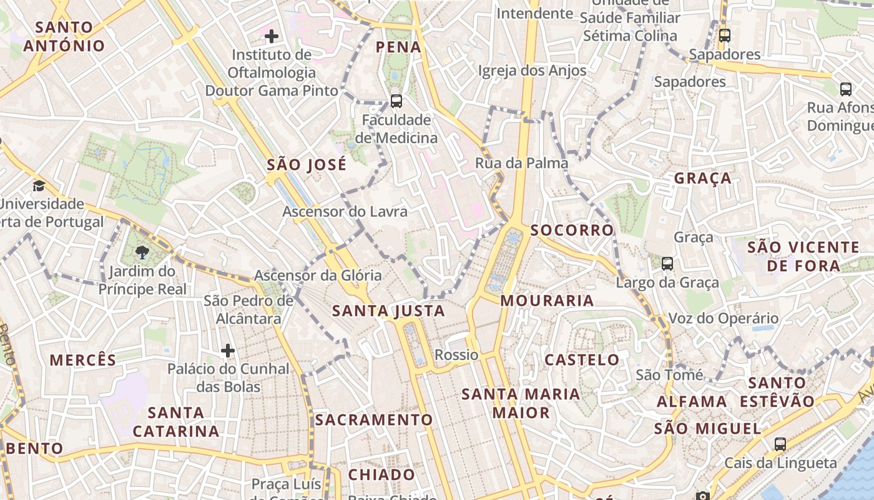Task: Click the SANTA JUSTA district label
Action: pyautogui.click(x=388, y=311)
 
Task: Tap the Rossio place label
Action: pyautogui.click(x=456, y=355)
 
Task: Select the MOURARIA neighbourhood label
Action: pyautogui.click(x=547, y=301)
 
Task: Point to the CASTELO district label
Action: pyautogui.click(x=582, y=360)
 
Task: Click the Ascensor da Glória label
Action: pyautogui.click(x=318, y=275)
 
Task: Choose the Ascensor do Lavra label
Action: pyautogui.click(x=345, y=211)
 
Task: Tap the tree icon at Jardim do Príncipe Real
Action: pyautogui.click(x=142, y=252)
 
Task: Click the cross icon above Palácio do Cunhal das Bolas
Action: pyautogui.click(x=228, y=351)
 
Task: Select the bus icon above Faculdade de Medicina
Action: pyautogui.click(x=396, y=101)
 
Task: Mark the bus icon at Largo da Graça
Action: pyautogui.click(x=667, y=264)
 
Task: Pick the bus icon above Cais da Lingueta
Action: pyautogui.click(x=780, y=444)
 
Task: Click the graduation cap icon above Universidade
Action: pyautogui.click(x=39, y=186)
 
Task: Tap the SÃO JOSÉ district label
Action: pyautogui.click(x=307, y=165)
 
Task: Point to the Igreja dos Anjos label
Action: pyautogui.click(x=532, y=70)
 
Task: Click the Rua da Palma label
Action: pyautogui.click(x=522, y=163)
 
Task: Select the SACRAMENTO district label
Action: pyautogui.click(x=374, y=419)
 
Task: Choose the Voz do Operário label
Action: pyautogui.click(x=724, y=318)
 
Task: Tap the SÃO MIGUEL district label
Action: pyautogui.click(x=708, y=429)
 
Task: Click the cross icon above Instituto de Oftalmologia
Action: pyautogui.click(x=272, y=36)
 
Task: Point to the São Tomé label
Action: pyautogui.click(x=669, y=375)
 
